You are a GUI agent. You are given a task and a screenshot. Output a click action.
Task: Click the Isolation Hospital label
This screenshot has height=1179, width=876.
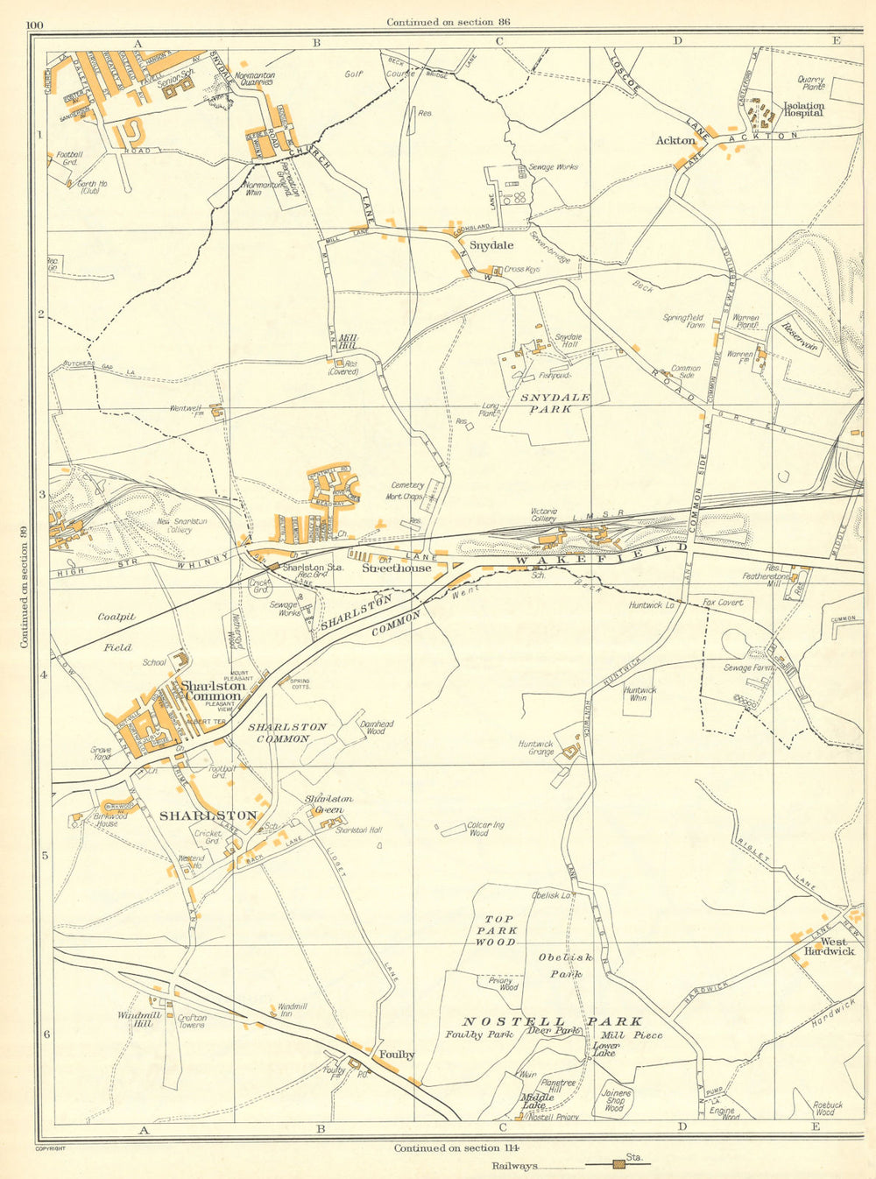pos(802,109)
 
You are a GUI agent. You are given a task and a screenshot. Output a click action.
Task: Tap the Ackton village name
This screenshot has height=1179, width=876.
pos(675,140)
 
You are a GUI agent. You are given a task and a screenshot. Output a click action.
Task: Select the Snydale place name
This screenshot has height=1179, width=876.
pos(491,246)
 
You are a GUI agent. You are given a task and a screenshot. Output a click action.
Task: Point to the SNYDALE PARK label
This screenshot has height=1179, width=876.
pos(555,403)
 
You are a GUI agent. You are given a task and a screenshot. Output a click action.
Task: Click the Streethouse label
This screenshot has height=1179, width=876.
pos(397,568)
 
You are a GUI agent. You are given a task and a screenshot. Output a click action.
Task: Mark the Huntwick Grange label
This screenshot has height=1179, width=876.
pos(536,748)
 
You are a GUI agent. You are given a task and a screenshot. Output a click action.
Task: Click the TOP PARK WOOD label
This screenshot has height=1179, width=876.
pos(496,931)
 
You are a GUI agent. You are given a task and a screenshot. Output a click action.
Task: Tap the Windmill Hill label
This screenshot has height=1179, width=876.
pos(135,1020)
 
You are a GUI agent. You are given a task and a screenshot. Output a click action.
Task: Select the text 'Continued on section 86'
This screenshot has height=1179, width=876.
pos(449,22)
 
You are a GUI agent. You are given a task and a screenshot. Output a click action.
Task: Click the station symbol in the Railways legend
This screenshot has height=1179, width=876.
pos(618,1164)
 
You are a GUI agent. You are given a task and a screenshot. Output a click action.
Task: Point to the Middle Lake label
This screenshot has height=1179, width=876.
pos(537,1101)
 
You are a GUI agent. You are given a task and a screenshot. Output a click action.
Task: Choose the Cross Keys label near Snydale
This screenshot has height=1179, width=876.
pos(521,270)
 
